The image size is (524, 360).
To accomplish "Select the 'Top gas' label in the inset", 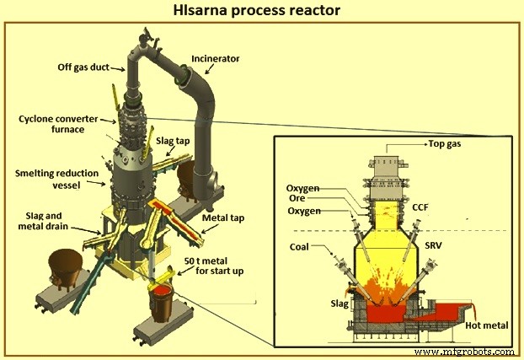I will (x=444, y=144).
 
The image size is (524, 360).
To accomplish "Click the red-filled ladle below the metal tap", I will (x=162, y=298).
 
